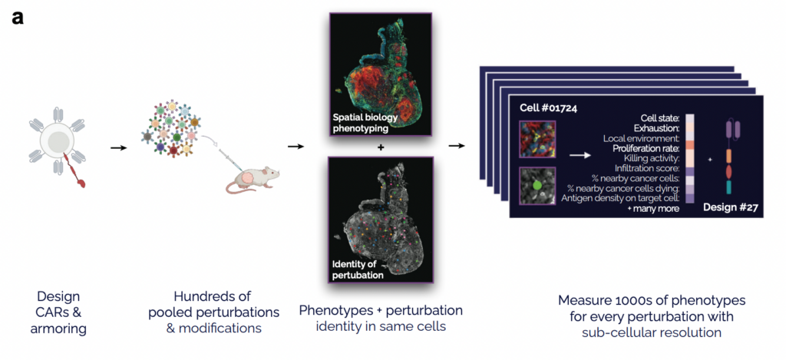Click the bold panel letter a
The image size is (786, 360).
(17, 18)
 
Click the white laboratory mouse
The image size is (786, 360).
(253, 180)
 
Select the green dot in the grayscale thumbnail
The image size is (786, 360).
(537, 185)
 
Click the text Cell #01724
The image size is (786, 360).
(547, 107)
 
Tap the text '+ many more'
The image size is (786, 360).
(652, 209)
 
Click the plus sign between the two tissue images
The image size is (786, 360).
(381, 148)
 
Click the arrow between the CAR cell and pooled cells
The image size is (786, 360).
(118, 148)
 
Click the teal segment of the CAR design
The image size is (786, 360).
(728, 187)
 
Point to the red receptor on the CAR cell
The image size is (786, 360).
(75, 170)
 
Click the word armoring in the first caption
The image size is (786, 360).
(58, 329)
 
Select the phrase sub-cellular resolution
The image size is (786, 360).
(652, 332)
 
